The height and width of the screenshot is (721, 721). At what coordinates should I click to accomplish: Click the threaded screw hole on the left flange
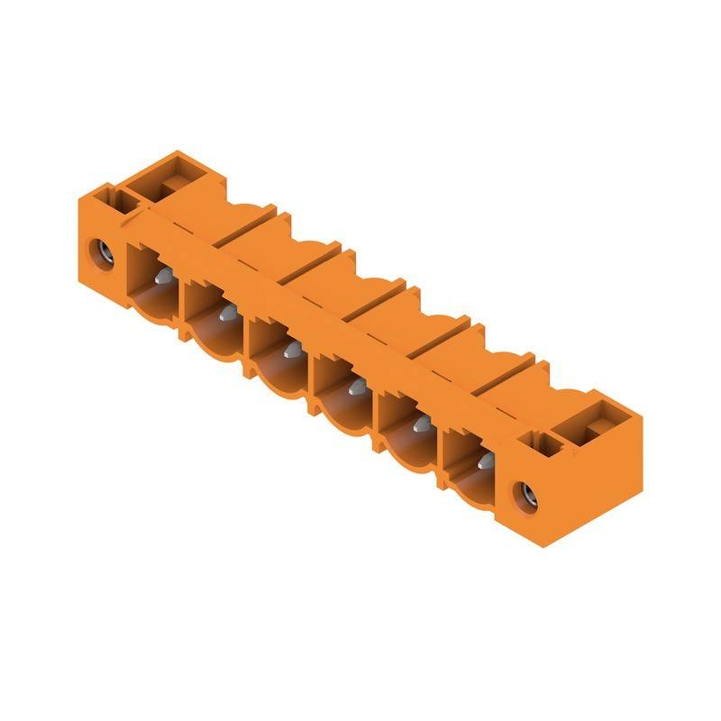coord(102,253)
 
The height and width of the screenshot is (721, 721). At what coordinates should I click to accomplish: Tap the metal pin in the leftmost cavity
coord(165,277)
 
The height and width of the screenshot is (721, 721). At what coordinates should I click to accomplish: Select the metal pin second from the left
coord(227,313)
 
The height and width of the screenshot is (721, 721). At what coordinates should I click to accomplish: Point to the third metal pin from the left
coord(290,350)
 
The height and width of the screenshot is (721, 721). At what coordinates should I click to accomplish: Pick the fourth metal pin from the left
coord(354,388)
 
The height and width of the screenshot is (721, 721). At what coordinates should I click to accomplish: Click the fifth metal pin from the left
coord(419,425)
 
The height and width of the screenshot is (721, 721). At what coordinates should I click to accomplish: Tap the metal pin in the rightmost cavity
coord(484,462)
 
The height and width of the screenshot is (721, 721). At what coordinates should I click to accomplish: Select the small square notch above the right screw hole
coord(546,442)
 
